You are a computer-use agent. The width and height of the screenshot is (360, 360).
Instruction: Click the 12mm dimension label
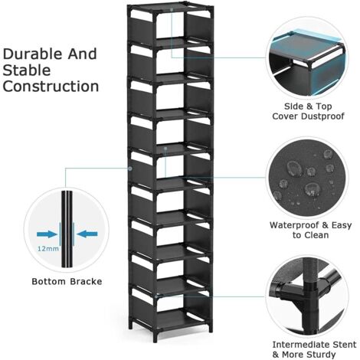point(47,248)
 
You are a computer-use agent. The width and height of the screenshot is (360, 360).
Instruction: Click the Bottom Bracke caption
point(64,281)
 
